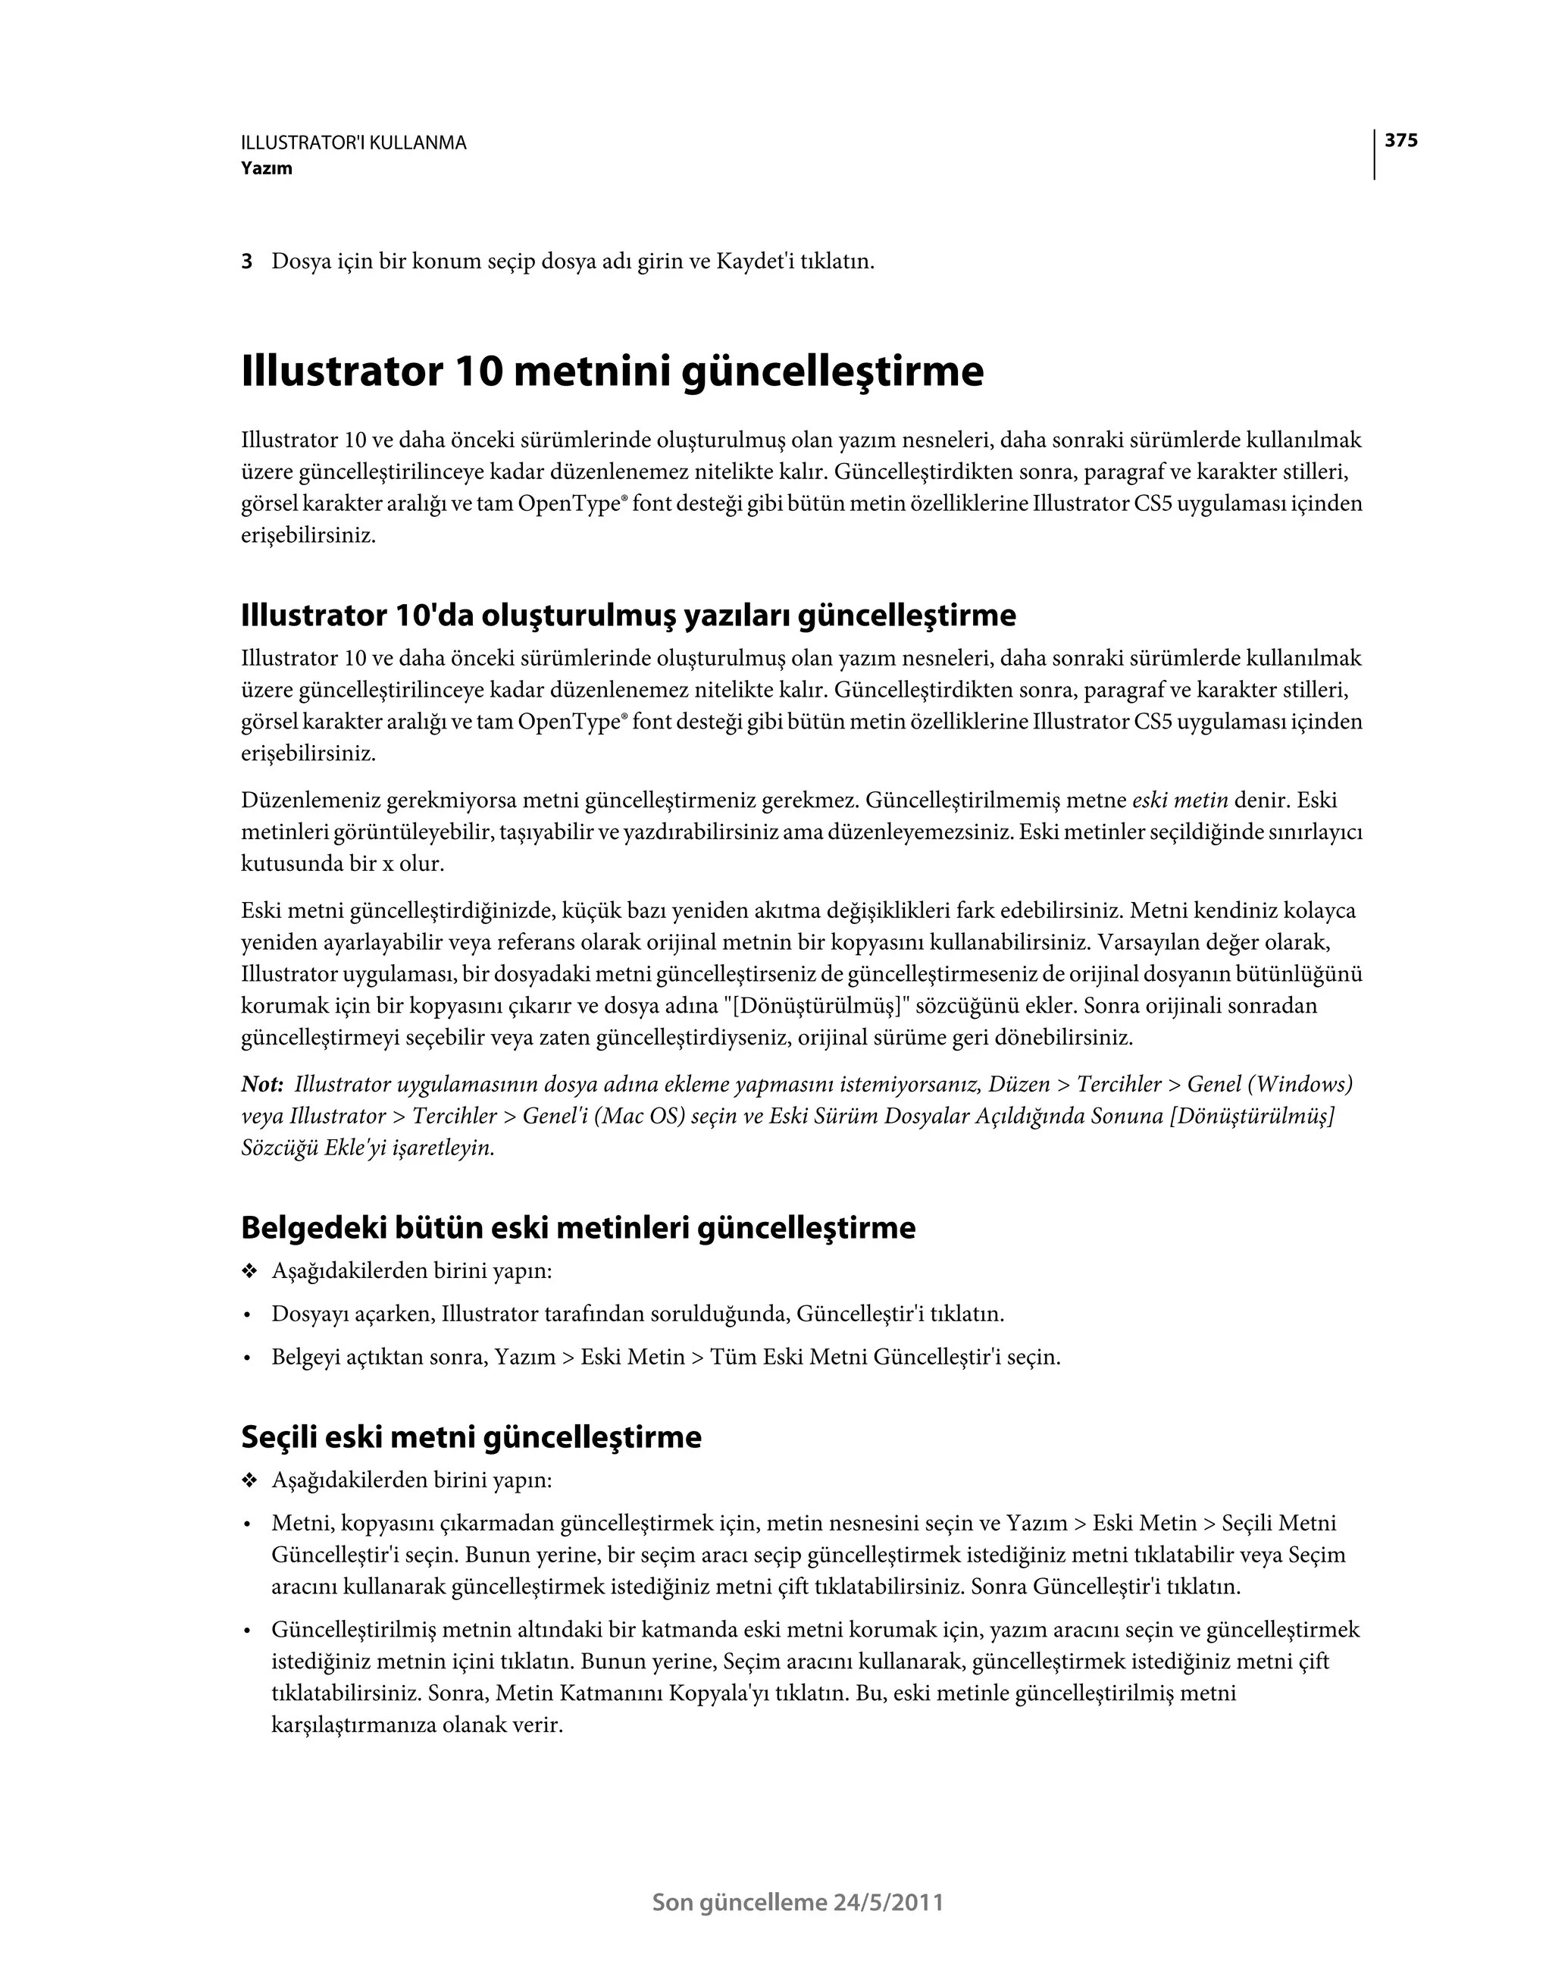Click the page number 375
[1401, 141]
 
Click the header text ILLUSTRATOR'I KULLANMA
[354, 143]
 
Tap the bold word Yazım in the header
[267, 168]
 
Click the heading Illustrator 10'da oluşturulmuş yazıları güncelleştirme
[628, 616]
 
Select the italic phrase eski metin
[1180, 801]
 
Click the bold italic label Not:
[263, 1085]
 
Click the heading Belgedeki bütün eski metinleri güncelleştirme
[578, 1229]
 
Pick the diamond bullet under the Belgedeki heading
[249, 1271]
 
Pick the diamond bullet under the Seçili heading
[249, 1480]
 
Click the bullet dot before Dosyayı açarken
[246, 1316]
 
